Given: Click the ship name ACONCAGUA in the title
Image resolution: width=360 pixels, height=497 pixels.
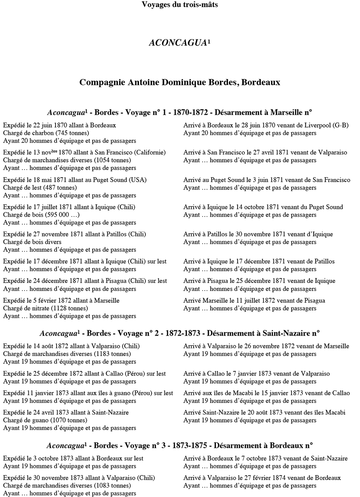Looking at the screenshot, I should coord(178,43).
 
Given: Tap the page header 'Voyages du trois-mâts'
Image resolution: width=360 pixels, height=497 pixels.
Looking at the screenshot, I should coord(180,5).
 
